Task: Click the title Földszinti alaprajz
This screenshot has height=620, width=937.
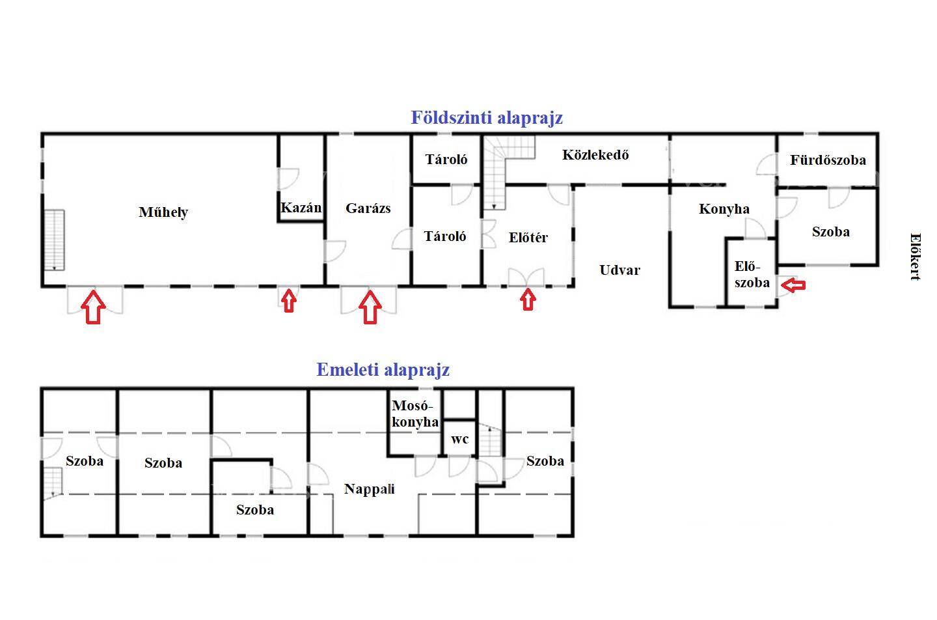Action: pos(487,118)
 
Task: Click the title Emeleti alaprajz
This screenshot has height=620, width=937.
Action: pos(383,370)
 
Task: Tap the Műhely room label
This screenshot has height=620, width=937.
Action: pos(163,212)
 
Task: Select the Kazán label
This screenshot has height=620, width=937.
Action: pos(301,208)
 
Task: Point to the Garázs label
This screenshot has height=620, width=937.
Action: pos(368,208)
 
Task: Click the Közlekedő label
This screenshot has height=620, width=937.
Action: pos(595,154)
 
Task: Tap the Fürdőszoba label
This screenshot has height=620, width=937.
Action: pos(828,160)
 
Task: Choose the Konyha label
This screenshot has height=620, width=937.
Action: pos(724,209)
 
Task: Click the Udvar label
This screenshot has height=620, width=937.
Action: pos(619,270)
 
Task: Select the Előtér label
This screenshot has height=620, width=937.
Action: pos(528,237)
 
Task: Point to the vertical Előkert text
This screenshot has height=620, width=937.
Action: pos(916,257)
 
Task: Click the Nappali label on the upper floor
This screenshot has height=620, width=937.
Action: pos(370,489)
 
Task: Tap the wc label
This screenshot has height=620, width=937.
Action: pos(459,439)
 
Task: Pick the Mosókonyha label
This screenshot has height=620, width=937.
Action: pos(415,414)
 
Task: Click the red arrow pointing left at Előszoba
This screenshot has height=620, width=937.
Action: pos(793,285)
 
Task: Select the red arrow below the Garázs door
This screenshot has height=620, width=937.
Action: pos(370,307)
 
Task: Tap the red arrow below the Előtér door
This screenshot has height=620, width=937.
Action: pos(528,300)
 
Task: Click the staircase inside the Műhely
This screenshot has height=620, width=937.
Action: pos(55,240)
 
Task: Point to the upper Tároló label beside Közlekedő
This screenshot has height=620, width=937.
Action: pos(446,160)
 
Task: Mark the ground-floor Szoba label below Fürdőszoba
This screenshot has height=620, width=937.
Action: pos(831,232)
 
